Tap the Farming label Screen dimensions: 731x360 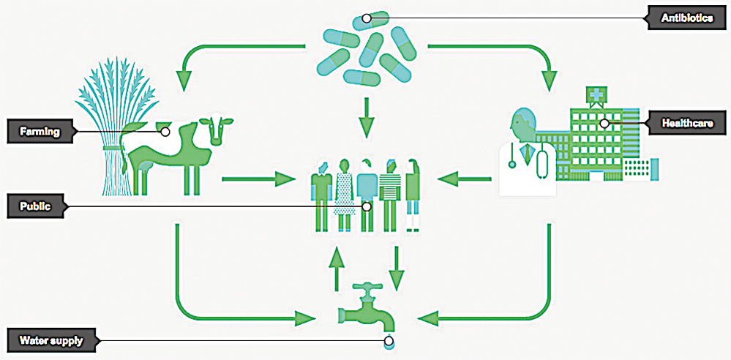pos(40,132)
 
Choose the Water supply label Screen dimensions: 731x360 pos(51,341)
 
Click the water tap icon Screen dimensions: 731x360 pos(367,308)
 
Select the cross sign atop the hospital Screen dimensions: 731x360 pos(594,95)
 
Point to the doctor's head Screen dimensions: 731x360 pos(523,126)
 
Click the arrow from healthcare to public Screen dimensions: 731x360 pos(464,178)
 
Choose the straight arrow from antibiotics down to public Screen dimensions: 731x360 pos(367,117)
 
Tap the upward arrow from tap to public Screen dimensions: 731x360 pos(337,269)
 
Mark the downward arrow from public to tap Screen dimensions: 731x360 pos(396,269)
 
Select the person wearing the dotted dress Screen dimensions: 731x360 pos(345,196)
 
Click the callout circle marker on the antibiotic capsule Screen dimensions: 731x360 pos(367,18)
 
